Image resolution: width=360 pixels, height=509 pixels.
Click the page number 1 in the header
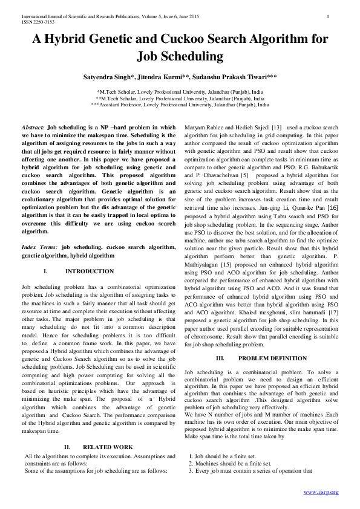pos(327,16)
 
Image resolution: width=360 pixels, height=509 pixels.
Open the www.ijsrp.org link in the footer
pos(321,492)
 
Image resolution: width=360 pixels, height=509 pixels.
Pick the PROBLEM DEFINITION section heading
pos(264,358)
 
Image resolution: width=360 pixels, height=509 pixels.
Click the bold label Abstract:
pos(33,128)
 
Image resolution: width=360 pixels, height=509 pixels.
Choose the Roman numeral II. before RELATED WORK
pos(68,447)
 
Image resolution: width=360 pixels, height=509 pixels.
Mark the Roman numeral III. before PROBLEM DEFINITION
pos(220,358)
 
